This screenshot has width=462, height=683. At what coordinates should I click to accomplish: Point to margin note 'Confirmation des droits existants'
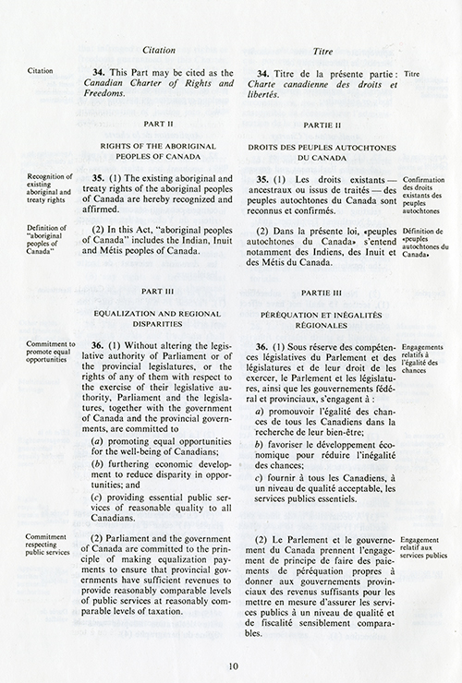[x=424, y=190]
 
